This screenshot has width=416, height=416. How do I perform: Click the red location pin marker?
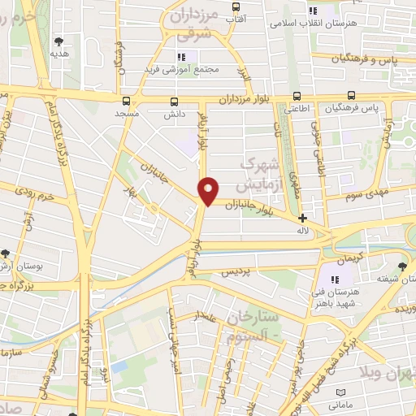point(209,190)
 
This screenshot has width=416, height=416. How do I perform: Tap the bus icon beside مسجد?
point(126,101)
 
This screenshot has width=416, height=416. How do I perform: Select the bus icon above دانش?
point(174,102)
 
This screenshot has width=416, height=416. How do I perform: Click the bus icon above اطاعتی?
point(296,95)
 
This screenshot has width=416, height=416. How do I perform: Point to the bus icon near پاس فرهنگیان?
point(351,95)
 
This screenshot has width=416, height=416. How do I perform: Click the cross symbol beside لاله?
point(302,218)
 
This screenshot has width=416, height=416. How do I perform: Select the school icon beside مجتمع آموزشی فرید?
point(182,56)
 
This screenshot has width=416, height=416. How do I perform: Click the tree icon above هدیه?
point(58,41)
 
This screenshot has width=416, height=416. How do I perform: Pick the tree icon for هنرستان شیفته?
point(402,267)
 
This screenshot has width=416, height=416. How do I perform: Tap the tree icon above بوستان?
point(6,253)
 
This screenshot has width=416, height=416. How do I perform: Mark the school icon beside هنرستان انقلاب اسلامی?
point(313,11)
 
